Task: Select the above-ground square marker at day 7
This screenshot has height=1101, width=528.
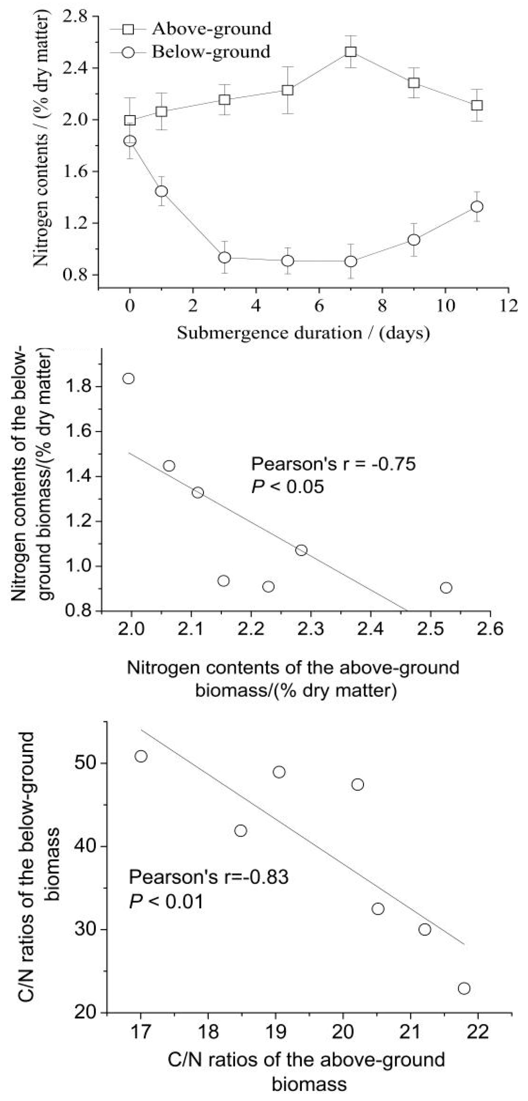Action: (x=351, y=52)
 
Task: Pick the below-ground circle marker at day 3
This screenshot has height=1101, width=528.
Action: (x=224, y=257)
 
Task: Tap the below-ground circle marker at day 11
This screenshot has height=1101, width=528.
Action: (x=477, y=206)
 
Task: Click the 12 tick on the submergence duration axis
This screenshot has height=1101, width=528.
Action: (x=508, y=306)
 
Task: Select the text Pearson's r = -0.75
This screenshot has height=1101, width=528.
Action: (x=333, y=464)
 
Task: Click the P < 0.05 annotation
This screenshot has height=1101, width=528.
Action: (x=287, y=486)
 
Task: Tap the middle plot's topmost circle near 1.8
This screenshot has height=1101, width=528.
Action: (x=129, y=378)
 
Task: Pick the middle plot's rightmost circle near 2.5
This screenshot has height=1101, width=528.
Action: (x=446, y=588)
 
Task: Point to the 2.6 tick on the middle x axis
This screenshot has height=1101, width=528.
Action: (x=490, y=629)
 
